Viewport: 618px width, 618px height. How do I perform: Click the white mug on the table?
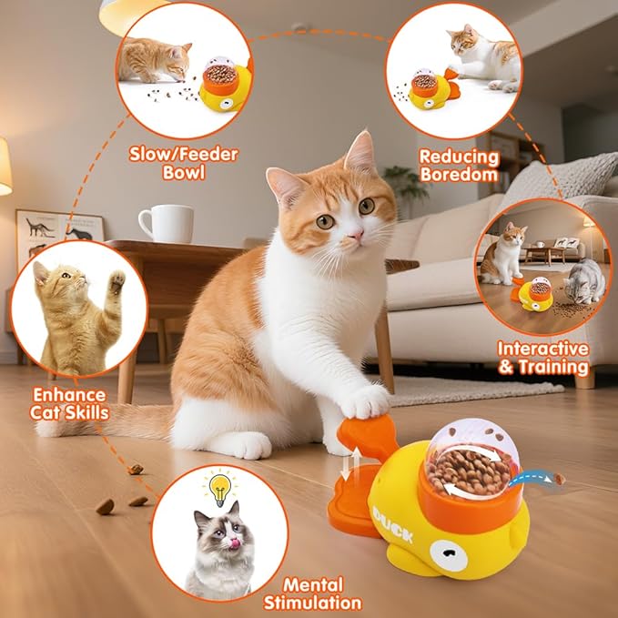click(166, 224)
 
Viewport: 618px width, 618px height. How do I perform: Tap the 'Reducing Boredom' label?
click(458, 165)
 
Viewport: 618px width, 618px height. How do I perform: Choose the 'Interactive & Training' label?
click(542, 358)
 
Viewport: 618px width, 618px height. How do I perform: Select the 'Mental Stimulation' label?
click(312, 593)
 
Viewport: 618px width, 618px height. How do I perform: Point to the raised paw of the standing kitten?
click(116, 281)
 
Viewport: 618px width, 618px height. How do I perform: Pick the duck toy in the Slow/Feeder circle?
click(223, 84)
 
